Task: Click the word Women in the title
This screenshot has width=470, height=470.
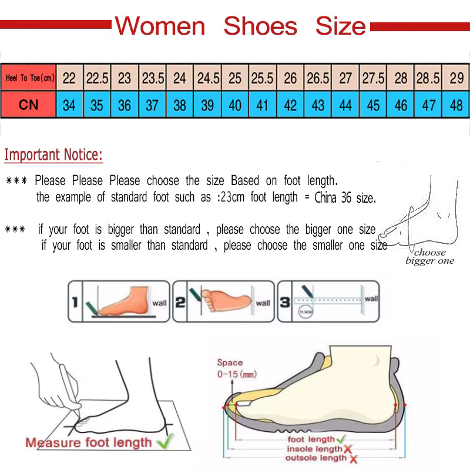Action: point(160,26)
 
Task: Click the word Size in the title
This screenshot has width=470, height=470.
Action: point(340,26)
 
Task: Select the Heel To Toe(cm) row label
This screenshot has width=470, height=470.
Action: point(29,78)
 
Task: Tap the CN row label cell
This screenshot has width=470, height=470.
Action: point(29,105)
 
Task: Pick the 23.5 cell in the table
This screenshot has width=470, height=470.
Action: point(153,78)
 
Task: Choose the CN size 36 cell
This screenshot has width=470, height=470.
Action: point(125,105)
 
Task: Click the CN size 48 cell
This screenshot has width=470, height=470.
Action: point(456,105)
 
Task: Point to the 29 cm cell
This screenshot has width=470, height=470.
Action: point(456,78)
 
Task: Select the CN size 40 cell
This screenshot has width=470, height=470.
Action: point(235,105)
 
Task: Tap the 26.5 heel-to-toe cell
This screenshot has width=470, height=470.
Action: point(318,78)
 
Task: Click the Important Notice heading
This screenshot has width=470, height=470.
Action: point(53,155)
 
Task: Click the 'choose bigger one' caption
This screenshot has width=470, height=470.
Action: point(429,257)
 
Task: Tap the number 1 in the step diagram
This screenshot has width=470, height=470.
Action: point(75,303)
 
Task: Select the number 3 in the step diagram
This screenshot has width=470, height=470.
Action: point(284,303)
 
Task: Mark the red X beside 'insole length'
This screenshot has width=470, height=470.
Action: point(347,449)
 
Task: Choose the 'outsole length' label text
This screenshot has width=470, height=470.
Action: point(315,458)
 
